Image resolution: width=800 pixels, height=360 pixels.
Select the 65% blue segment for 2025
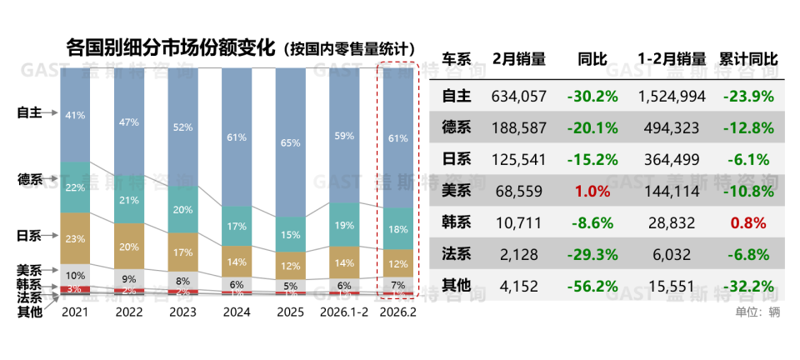[x=290, y=142]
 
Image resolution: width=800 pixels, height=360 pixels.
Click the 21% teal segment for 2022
[x=129, y=201]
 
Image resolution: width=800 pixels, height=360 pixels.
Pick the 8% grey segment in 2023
[x=182, y=281]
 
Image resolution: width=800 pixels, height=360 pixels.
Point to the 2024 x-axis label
[x=237, y=313]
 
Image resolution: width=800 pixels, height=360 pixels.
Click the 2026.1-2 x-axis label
[x=342, y=313]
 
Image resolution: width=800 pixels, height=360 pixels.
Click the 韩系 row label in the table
[x=457, y=222]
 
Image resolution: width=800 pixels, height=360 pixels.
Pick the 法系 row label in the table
[x=457, y=254]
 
